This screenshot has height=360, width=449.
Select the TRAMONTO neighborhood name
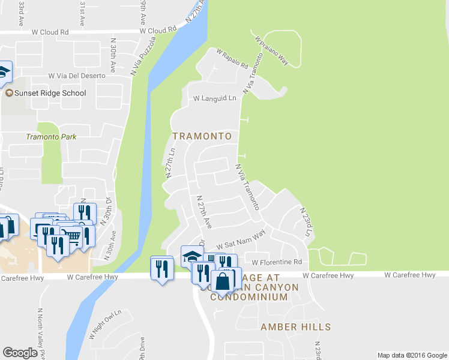click(202, 136)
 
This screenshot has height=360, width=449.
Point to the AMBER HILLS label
click(295, 327)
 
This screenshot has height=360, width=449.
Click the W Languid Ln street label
click(215, 98)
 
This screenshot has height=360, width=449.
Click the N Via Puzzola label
click(143, 56)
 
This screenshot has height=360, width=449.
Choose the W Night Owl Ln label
click(106, 324)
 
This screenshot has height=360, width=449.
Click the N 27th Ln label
click(169, 163)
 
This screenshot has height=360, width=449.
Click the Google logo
click(20, 353)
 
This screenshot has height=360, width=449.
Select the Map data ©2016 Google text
click(412, 355)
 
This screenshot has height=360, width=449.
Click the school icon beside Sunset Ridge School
click(9, 93)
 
